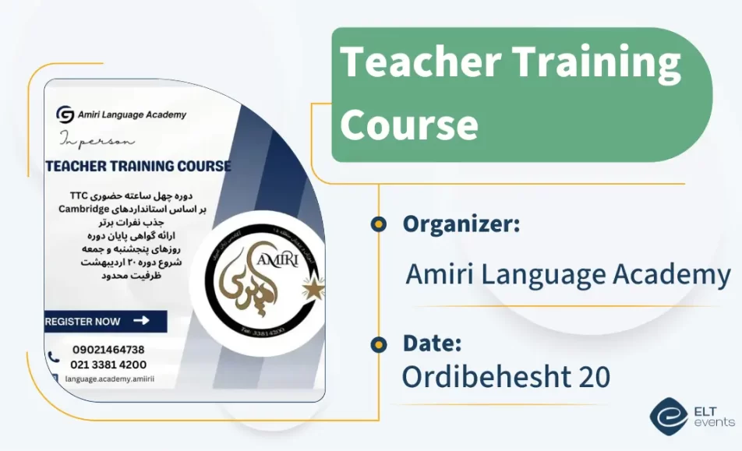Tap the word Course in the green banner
409,125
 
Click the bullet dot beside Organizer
379,224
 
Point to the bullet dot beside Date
379,344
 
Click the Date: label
433,343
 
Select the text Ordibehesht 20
506,376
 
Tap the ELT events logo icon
668,418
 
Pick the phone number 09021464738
108,350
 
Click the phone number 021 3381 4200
108,364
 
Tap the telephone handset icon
54,357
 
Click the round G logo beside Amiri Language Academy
65,115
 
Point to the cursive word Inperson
97,141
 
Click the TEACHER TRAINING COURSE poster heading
138,166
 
